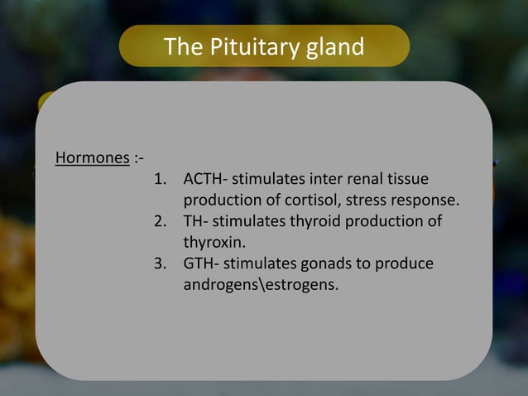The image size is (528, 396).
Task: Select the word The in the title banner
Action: click(179, 46)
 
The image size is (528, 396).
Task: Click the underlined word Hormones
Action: click(92, 157)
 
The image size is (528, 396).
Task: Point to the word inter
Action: click(325, 179)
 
